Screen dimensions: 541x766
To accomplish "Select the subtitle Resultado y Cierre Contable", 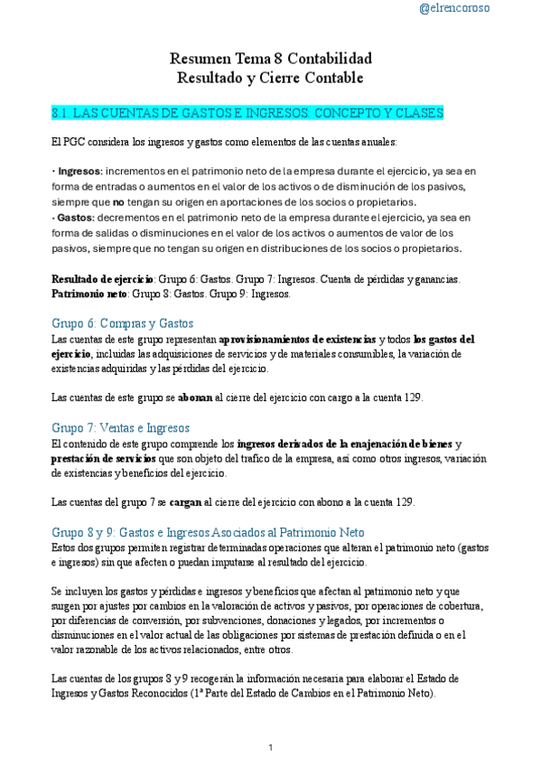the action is coord(271,79).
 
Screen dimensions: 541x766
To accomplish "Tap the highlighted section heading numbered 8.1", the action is coord(247,113).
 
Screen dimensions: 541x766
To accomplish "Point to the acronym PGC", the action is coord(77,142).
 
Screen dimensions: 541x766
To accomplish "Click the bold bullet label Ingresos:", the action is coord(80,171).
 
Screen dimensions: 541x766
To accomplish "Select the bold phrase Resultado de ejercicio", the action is coord(103,279).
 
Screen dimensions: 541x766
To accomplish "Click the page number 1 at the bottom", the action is coord(271,747).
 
